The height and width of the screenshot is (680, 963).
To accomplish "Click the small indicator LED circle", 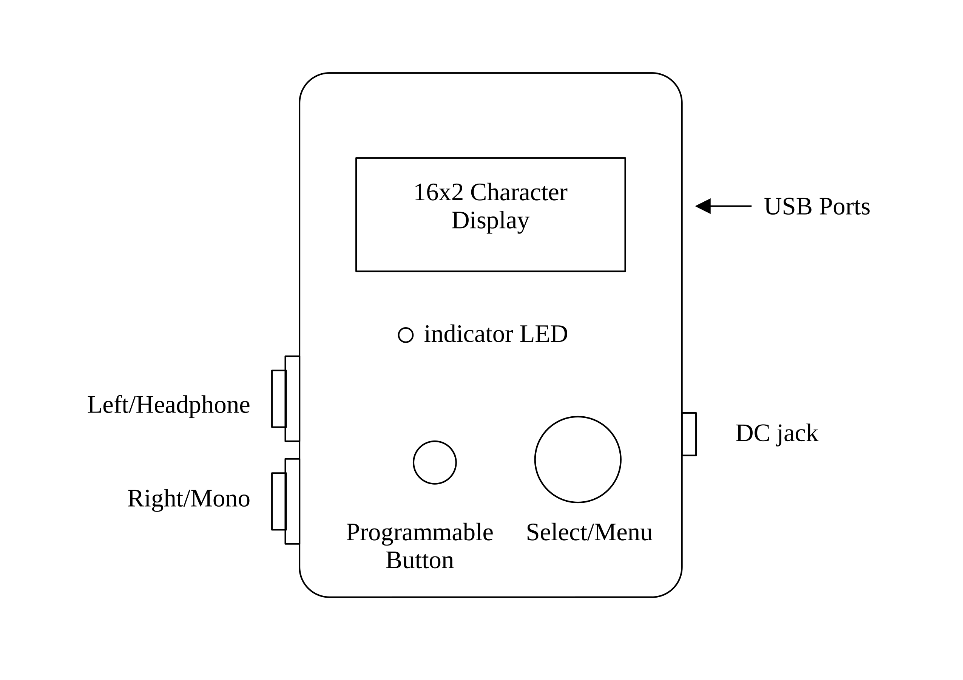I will click(x=406, y=335).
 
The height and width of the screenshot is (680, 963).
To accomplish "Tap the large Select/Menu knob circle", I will click(x=577, y=459).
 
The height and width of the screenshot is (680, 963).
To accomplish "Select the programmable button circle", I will click(x=435, y=462).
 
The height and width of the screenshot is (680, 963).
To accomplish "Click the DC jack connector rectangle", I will click(x=689, y=434).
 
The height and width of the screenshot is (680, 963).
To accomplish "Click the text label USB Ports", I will click(x=816, y=206).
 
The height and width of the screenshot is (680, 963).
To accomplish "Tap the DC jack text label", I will click(x=777, y=433).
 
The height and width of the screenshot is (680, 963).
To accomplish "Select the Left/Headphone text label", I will click(x=168, y=405).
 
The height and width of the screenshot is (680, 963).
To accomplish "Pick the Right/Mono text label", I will click(x=189, y=499).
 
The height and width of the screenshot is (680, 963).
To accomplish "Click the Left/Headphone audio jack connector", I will click(x=285, y=399).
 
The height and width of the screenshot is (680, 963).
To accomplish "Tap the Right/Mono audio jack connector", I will click(x=285, y=501).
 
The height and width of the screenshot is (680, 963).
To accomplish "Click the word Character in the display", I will click(x=519, y=193).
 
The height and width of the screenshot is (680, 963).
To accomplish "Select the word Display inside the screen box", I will click(x=490, y=221).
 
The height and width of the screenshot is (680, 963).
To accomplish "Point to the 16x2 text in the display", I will click(x=438, y=193).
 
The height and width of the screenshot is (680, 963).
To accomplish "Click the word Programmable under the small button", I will click(x=420, y=533).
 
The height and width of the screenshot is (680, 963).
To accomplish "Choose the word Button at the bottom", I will click(x=420, y=561).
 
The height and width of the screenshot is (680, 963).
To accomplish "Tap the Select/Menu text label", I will click(x=589, y=533).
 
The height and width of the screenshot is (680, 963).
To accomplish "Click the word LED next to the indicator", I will click(x=543, y=334).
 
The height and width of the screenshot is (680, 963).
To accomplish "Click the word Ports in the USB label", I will click(x=844, y=206).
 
